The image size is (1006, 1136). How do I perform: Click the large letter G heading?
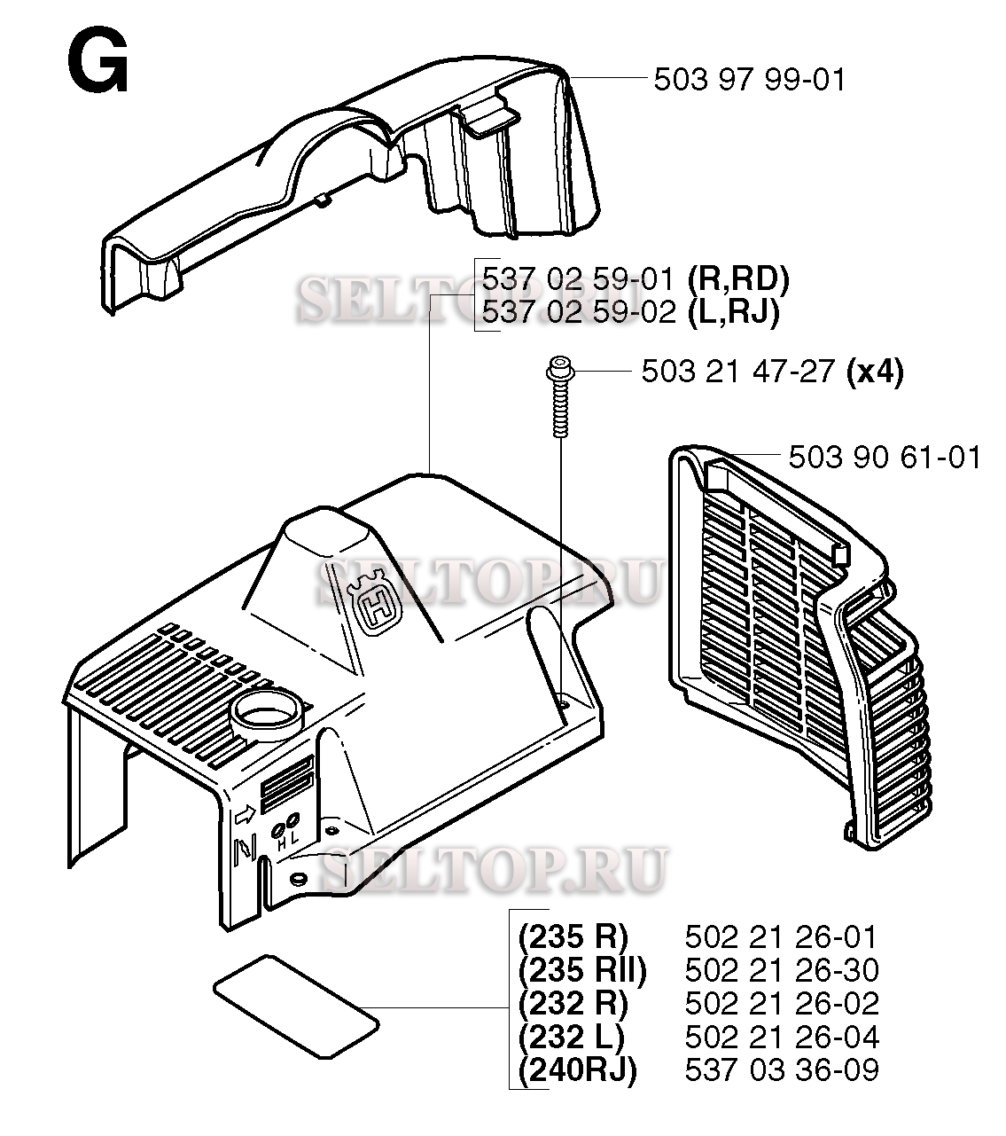(x=97, y=64)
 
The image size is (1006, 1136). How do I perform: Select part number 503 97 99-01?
(x=749, y=80)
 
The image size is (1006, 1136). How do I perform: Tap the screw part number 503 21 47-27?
(x=737, y=371)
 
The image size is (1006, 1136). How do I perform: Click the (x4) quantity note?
(x=874, y=371)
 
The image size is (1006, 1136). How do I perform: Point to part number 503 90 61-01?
(x=884, y=458)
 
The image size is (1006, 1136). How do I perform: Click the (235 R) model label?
(x=573, y=936)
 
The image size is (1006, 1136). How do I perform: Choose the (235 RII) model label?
(x=582, y=970)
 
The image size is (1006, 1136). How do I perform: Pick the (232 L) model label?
(x=572, y=1037)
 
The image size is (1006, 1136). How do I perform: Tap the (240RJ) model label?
(x=577, y=1069)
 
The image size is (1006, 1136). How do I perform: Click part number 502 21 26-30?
(x=781, y=970)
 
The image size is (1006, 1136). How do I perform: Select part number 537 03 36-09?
(x=781, y=1069)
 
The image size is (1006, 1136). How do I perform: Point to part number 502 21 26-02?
(x=781, y=1003)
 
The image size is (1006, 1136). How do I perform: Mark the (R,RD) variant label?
(x=737, y=280)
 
